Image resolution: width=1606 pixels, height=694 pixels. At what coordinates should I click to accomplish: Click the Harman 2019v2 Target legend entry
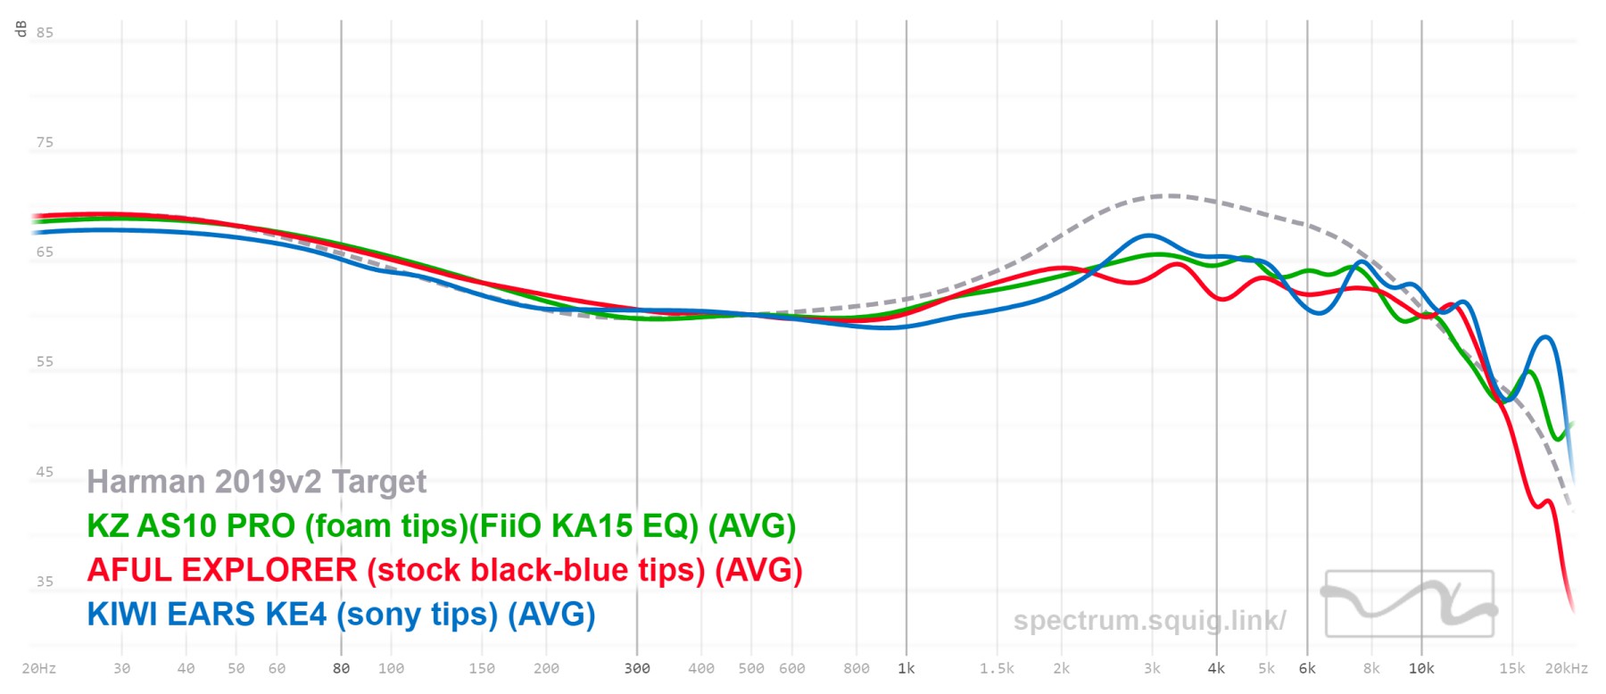coord(256,482)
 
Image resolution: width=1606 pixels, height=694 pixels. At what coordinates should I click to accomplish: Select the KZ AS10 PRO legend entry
coord(441,526)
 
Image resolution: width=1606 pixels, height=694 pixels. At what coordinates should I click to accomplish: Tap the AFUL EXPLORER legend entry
coord(444,570)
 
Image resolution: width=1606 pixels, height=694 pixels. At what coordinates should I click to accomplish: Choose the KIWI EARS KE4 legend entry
coord(341,615)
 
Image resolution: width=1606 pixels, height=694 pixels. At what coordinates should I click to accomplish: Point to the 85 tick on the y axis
coord(45,33)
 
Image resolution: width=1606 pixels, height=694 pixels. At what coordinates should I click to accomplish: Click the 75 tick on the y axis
coord(45,143)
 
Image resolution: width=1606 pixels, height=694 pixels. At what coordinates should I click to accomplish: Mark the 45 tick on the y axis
coord(45,472)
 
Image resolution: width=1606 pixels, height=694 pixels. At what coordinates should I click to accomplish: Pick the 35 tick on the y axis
coord(45,582)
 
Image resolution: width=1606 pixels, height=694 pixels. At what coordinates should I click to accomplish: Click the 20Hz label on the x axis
coord(38,668)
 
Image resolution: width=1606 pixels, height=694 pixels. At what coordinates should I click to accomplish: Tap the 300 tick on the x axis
coord(637,668)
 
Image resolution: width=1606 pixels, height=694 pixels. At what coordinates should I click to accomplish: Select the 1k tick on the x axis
coord(906,668)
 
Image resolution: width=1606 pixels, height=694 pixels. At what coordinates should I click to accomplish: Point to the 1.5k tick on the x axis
coord(997,668)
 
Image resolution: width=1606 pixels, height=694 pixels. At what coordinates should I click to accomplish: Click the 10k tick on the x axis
coord(1421,668)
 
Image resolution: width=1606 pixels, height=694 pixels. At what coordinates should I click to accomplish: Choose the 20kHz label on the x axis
coord(1567,668)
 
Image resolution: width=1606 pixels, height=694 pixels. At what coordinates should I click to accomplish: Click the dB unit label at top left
coord(21,29)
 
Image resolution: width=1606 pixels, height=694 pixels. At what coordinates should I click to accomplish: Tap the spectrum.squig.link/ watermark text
coord(1149,620)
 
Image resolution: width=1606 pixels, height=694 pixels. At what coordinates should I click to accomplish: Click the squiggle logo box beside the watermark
coord(1410,604)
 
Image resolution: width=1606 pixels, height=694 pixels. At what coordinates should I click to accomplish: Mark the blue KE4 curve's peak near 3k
coord(1149,235)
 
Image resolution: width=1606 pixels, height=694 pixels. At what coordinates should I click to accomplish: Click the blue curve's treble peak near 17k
coord(1545,337)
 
